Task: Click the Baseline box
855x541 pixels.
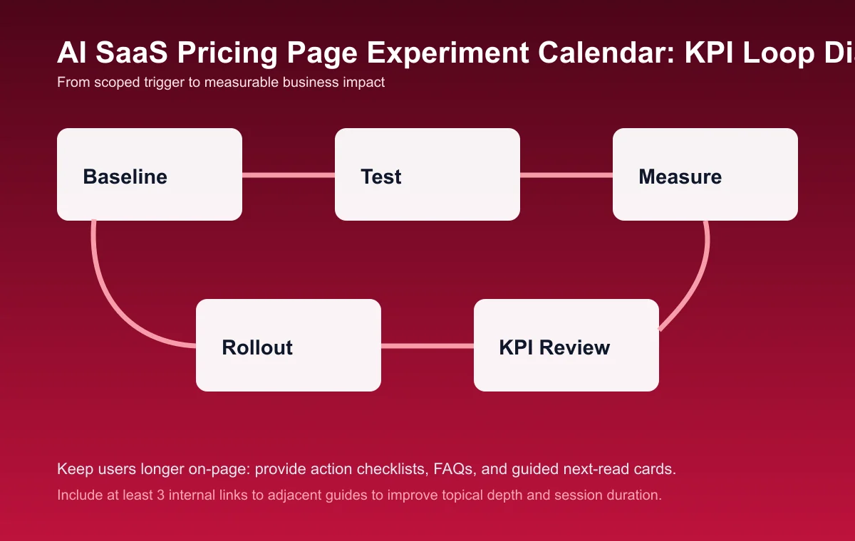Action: click(x=150, y=174)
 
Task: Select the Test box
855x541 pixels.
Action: click(x=427, y=174)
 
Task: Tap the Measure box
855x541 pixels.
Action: click(x=705, y=174)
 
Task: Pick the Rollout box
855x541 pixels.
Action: click(x=289, y=345)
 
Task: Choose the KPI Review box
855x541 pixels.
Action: click(x=566, y=345)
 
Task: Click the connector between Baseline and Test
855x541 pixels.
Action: click(x=289, y=174)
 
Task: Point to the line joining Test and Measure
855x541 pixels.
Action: click(x=566, y=174)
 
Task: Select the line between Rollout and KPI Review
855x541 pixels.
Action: click(x=427, y=346)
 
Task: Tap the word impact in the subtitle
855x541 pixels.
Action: click(x=366, y=83)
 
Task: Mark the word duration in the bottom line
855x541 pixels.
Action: click(x=636, y=495)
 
